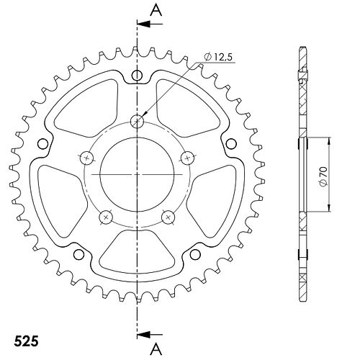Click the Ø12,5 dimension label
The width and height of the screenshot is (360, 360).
click(218, 58)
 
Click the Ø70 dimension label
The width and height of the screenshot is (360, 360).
click(323, 176)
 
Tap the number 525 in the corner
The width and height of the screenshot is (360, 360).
click(26, 341)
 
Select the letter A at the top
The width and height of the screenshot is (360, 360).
click(156, 11)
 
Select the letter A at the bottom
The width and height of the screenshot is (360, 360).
click(156, 349)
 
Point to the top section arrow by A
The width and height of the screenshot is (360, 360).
click(150, 24)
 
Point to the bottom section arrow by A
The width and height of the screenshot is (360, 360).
click(150, 334)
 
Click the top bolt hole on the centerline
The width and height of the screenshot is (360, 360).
click(137, 121)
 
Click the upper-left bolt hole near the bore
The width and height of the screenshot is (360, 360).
click(87, 158)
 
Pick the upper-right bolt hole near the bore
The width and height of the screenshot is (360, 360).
click(187, 158)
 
